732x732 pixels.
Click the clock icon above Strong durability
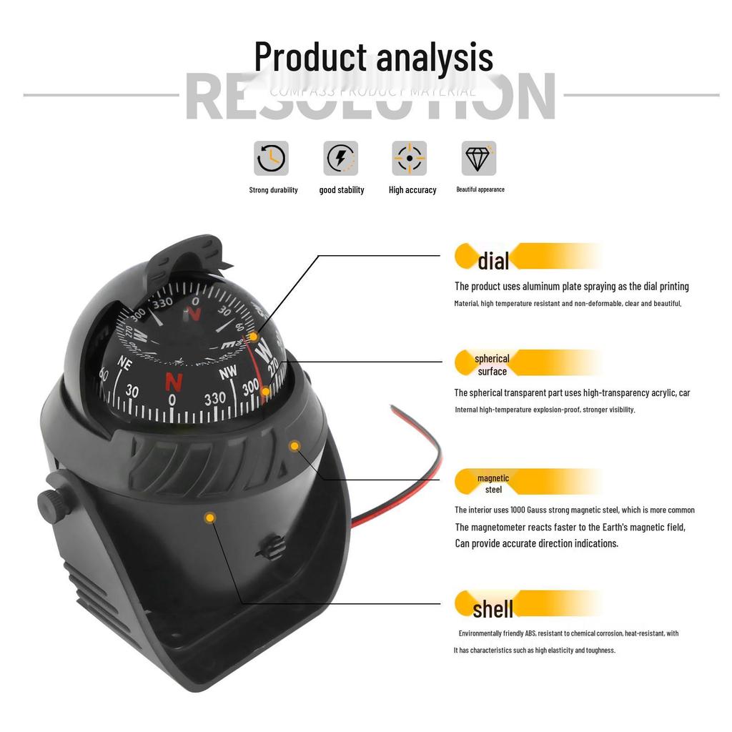pos(271,158)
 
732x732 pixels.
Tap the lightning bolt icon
pos(340,158)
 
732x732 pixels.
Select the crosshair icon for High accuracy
pos(410,158)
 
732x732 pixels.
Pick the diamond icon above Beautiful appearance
pos(478,158)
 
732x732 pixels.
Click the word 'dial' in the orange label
pos(493,261)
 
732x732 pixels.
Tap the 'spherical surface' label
pos(492,365)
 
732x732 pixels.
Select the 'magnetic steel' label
pos(493,484)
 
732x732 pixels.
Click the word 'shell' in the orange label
pos(493,609)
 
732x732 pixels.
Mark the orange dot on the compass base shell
pos(210,517)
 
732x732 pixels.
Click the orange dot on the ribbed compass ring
pos(295,446)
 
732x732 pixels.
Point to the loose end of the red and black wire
pos(392,409)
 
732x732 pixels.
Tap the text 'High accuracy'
pos(412,190)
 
